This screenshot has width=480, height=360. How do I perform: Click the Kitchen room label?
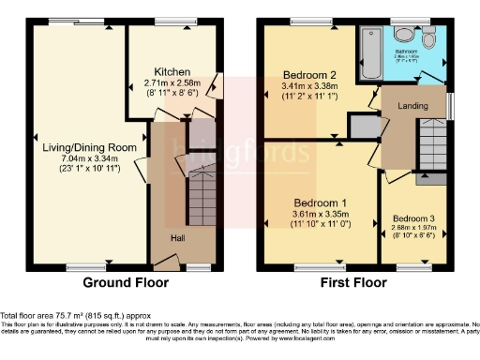[x=174, y=71]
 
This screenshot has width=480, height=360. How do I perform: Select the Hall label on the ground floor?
[x=177, y=238]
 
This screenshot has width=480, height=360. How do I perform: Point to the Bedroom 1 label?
[x=321, y=202]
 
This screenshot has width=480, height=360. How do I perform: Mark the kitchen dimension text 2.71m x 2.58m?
[x=174, y=82]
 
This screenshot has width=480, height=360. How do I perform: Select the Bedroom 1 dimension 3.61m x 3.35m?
[x=321, y=214]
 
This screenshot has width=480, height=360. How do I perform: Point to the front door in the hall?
[x=198, y=267]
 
